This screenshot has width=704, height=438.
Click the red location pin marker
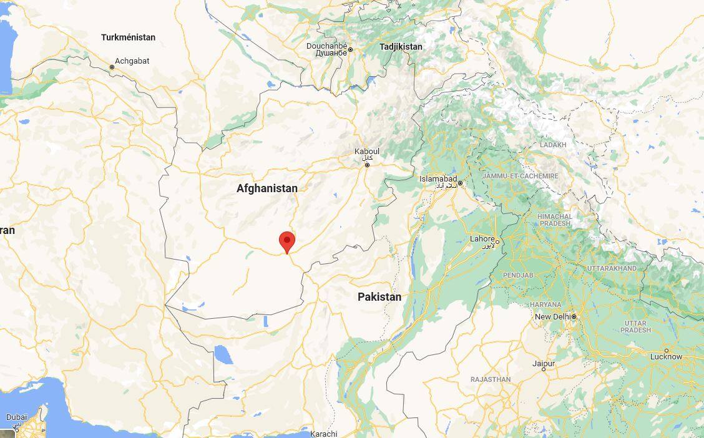tap(286, 241)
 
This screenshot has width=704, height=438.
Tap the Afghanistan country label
tap(266, 188)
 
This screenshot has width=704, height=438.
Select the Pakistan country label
tap(379, 297)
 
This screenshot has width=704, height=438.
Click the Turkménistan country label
tap(128, 37)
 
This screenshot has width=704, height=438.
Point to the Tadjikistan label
tap(401, 47)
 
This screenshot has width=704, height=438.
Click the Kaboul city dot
tap(367, 165)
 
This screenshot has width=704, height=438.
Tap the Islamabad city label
tap(438, 179)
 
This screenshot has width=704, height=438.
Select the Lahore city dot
tap(497, 241)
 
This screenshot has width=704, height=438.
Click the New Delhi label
tap(552, 317)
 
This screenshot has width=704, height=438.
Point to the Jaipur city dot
tap(544, 369)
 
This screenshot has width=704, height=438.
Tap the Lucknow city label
tap(666, 357)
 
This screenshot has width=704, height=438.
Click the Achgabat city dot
tap(112, 67)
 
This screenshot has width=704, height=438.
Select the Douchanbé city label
tap(326, 46)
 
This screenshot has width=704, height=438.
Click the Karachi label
tap(323, 434)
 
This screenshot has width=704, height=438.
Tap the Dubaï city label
tap(17, 417)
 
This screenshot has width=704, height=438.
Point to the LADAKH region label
tap(554, 145)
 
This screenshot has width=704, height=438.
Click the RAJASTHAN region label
tap(491, 379)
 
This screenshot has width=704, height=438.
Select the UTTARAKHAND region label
tap(612, 268)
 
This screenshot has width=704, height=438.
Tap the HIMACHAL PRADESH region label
tap(555, 220)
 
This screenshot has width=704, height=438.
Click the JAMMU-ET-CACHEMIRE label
tap(520, 177)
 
